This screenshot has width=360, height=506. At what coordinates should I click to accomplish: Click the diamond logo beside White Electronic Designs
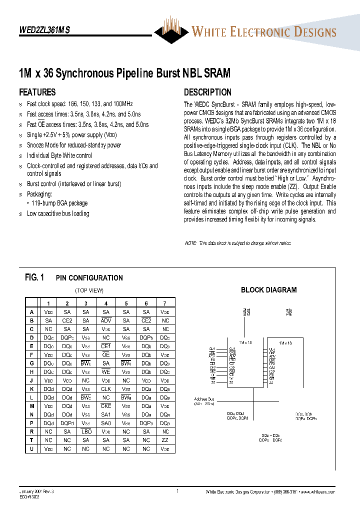[x=172, y=31]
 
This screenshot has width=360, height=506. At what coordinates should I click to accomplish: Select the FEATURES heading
[x=37, y=92]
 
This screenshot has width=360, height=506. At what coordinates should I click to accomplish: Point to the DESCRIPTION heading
[x=207, y=92]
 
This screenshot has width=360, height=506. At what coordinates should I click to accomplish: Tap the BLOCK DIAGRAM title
[x=268, y=290]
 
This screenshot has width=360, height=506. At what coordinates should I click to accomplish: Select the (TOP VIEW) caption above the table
[x=89, y=290]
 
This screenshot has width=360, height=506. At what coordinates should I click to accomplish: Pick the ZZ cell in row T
[x=165, y=440]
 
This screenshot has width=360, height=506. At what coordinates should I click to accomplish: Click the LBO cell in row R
[x=86, y=431]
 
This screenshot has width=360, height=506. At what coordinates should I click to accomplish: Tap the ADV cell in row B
[x=106, y=320]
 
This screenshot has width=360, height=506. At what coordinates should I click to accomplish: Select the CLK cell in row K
[x=106, y=388]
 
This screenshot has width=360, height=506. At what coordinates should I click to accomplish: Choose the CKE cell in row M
[x=106, y=406]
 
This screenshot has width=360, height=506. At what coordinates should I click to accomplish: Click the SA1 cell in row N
[x=106, y=414]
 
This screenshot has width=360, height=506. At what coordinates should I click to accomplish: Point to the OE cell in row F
[x=106, y=354]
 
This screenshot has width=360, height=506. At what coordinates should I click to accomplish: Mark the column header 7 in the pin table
[x=165, y=303]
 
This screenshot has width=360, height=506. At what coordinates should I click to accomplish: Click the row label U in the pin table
[x=32, y=449]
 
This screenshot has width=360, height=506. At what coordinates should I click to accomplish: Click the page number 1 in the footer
[x=177, y=491]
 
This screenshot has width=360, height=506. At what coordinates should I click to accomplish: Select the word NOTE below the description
[x=190, y=243]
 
